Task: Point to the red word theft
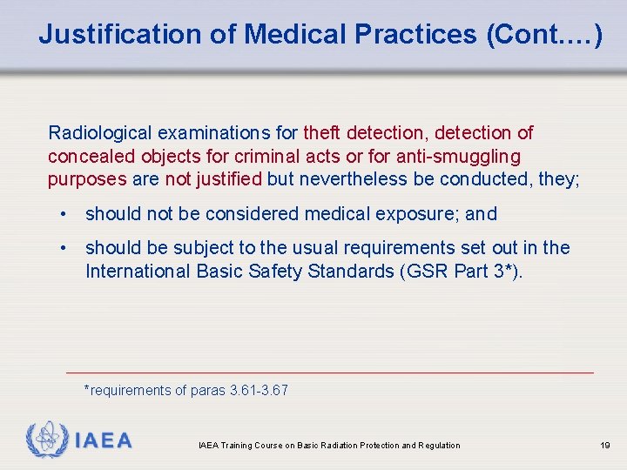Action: (x=322, y=133)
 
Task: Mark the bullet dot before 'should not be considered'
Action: (x=65, y=214)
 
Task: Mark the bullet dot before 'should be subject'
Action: (x=65, y=248)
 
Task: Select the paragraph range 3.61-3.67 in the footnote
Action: (x=259, y=391)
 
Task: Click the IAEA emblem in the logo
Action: (x=45, y=439)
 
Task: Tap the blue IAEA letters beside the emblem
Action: (x=103, y=440)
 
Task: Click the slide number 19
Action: (x=604, y=446)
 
